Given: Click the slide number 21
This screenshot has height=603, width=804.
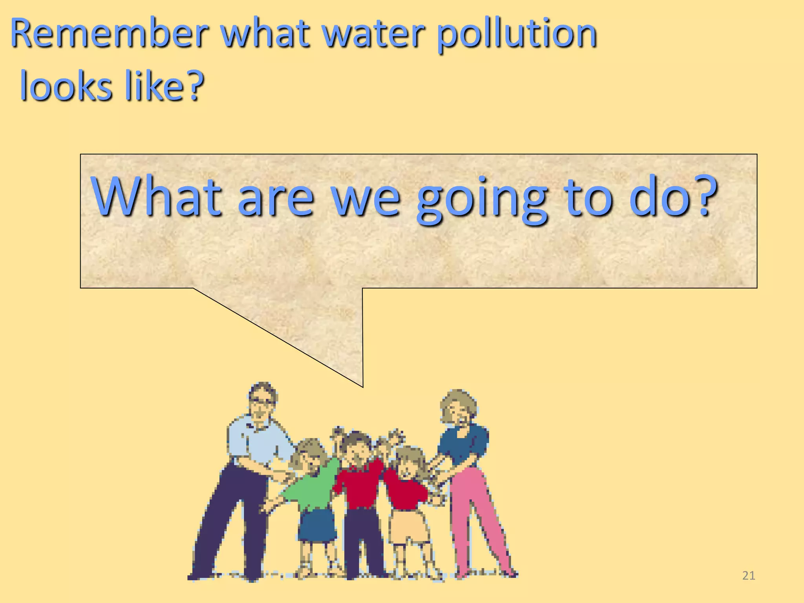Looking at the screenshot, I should [749, 576].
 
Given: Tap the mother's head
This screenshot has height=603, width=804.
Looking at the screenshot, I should [458, 408].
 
